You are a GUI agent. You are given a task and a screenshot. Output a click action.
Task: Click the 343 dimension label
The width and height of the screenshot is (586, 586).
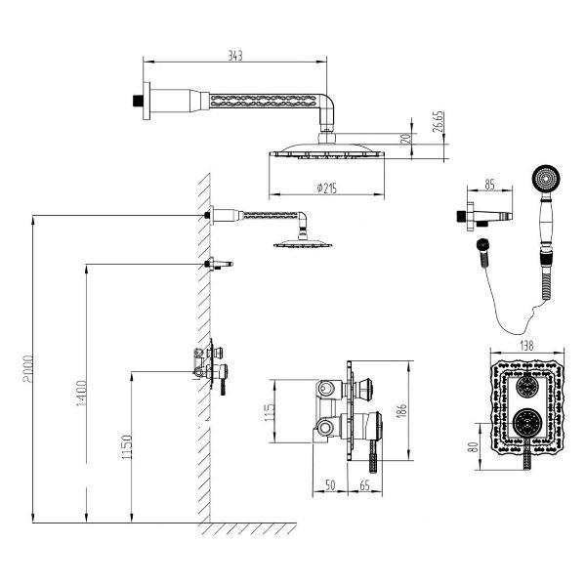235,56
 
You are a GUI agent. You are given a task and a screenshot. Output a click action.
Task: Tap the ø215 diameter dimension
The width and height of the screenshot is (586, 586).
326,188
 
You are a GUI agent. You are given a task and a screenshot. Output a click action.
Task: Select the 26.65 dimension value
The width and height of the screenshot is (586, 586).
438,121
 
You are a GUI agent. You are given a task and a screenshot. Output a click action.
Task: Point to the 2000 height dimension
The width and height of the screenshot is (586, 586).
28,369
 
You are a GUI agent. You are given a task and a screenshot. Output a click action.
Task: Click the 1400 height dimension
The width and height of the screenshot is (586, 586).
81,394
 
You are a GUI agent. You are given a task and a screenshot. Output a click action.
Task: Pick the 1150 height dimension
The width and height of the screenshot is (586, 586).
127,447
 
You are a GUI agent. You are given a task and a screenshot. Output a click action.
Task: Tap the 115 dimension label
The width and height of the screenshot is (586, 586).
270,412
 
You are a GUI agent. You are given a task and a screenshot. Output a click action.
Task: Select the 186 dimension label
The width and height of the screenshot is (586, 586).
402,410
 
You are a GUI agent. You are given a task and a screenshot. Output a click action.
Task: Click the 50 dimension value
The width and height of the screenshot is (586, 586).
330,485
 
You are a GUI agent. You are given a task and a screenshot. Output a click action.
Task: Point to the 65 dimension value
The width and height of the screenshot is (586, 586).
364,485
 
